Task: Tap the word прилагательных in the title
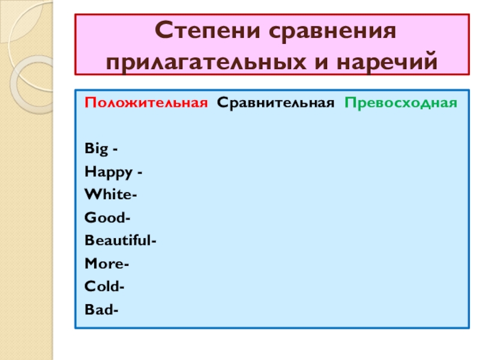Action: point(208,60)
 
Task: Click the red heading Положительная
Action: point(146,102)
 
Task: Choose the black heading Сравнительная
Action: point(275,102)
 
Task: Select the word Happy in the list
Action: point(109,172)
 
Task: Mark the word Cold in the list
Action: point(103,287)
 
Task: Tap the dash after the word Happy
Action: point(139,173)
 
